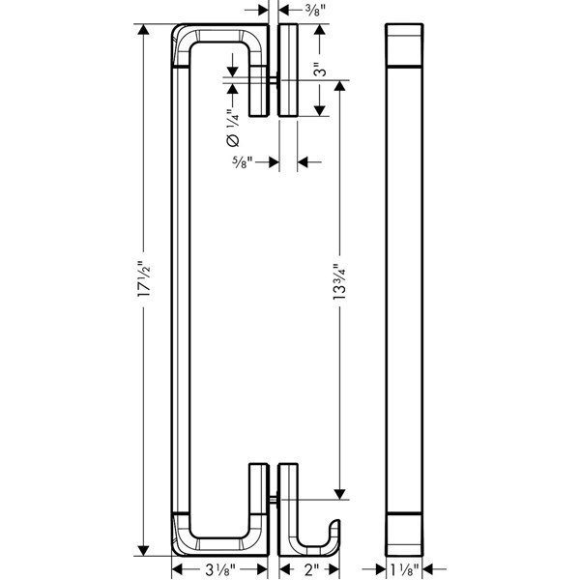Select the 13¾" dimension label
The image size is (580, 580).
[339, 281]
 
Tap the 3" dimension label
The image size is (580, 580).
[320, 68]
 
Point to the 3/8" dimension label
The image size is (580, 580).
[315, 10]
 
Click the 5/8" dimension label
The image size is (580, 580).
[242, 161]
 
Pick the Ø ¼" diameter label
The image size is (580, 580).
[233, 128]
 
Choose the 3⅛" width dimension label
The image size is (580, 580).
[219, 569]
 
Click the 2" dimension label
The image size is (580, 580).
[309, 569]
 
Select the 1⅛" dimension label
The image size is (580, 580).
[404, 569]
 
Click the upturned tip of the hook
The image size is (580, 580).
[335, 522]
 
